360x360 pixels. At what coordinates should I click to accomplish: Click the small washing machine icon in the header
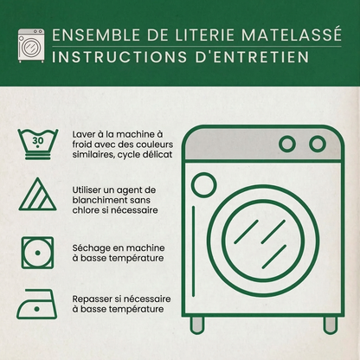coord(31,46)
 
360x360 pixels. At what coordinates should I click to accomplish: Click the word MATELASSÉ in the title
coord(292,35)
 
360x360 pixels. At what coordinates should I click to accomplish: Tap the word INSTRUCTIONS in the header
coord(119,57)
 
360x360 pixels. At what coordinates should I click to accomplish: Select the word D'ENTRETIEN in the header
coord(253,57)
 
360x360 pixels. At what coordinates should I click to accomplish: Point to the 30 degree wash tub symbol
coord(38,145)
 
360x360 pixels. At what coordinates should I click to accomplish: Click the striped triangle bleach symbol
coord(37,195)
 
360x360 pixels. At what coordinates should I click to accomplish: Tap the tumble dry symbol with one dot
coord(37,253)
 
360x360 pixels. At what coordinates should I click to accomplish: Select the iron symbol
coord(37,304)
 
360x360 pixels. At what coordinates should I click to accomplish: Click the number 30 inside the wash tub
coord(38,141)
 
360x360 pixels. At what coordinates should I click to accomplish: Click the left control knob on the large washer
coord(287,144)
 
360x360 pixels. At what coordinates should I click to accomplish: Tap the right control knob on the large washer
coord(318,144)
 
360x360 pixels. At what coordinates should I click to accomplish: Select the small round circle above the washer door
coord(204,185)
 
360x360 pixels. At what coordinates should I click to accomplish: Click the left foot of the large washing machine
coord(197,325)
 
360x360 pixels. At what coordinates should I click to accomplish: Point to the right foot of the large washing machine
coord(331,325)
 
